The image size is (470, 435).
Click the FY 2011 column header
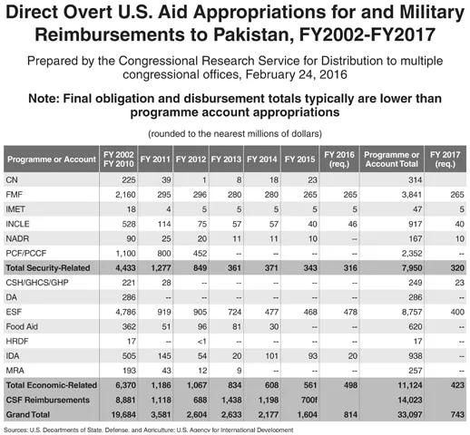(155, 159)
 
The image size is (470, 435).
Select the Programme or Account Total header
(392, 159)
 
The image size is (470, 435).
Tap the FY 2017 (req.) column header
(446, 159)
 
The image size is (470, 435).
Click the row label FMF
(15, 195)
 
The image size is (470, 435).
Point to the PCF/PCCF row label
(26, 253)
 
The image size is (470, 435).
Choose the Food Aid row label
(22, 326)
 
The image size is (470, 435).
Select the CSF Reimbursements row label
(48, 400)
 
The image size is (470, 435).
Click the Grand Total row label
(28, 414)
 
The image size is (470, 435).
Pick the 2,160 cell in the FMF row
(125, 195)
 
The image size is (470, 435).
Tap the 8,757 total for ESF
(412, 312)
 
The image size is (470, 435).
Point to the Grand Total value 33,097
(410, 414)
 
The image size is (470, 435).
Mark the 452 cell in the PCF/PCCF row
(201, 253)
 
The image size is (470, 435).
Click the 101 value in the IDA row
(271, 356)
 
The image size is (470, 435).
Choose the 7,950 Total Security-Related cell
(412, 268)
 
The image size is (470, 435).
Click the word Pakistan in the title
(253, 34)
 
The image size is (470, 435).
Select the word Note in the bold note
(43, 99)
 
